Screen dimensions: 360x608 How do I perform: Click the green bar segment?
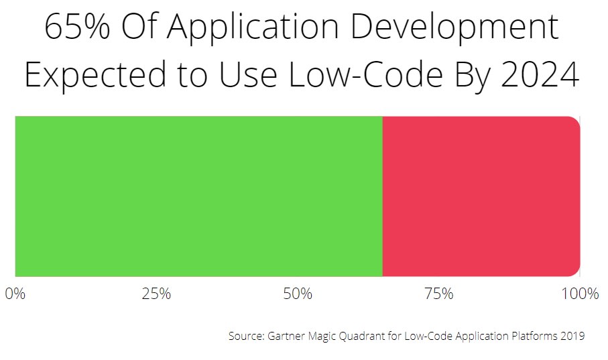coord(198,196)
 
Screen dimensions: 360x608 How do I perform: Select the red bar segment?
coord(481,196)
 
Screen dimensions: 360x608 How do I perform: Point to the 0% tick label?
coord(15,294)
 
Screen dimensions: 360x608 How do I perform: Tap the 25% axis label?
coord(156,294)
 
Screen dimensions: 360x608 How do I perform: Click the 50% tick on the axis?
coord(297,294)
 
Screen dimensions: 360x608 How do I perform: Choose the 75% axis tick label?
coord(438,294)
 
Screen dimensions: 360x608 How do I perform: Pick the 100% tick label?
coord(579,294)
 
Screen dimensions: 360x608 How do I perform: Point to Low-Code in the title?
coord(357,75)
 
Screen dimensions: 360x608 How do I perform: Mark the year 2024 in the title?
coord(533,75)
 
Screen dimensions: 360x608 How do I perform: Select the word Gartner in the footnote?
coord(286,336)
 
